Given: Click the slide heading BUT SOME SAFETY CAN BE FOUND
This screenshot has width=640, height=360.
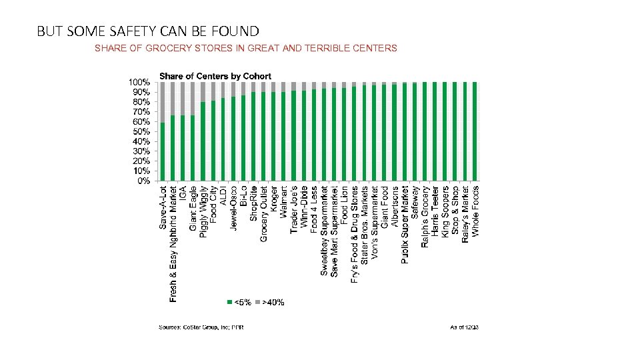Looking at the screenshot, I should tap(148, 31).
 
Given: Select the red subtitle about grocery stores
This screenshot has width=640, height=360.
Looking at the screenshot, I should tap(246, 48).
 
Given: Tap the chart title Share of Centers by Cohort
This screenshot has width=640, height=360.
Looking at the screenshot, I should tap(215, 76).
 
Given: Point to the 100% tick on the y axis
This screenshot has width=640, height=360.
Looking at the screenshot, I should tap(139, 82).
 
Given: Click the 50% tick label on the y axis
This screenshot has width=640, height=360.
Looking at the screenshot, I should tap(140, 131).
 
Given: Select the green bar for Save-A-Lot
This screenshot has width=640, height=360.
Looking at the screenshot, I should tap(163, 151).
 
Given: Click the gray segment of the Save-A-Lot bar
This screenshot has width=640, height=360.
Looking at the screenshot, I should tap(163, 102).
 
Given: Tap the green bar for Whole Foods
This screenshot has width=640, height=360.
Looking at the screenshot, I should tap(475, 131).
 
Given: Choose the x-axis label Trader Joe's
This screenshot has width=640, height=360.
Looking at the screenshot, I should tap(294, 209).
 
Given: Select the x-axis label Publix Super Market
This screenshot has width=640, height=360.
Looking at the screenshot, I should tap(405, 225).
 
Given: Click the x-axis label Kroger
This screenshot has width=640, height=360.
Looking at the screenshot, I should tap(274, 199).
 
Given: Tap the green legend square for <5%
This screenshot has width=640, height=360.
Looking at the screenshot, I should tap(230, 302).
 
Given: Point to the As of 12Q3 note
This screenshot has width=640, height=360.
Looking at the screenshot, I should tap(465, 327).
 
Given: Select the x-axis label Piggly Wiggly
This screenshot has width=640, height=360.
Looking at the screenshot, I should tap(203, 211).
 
